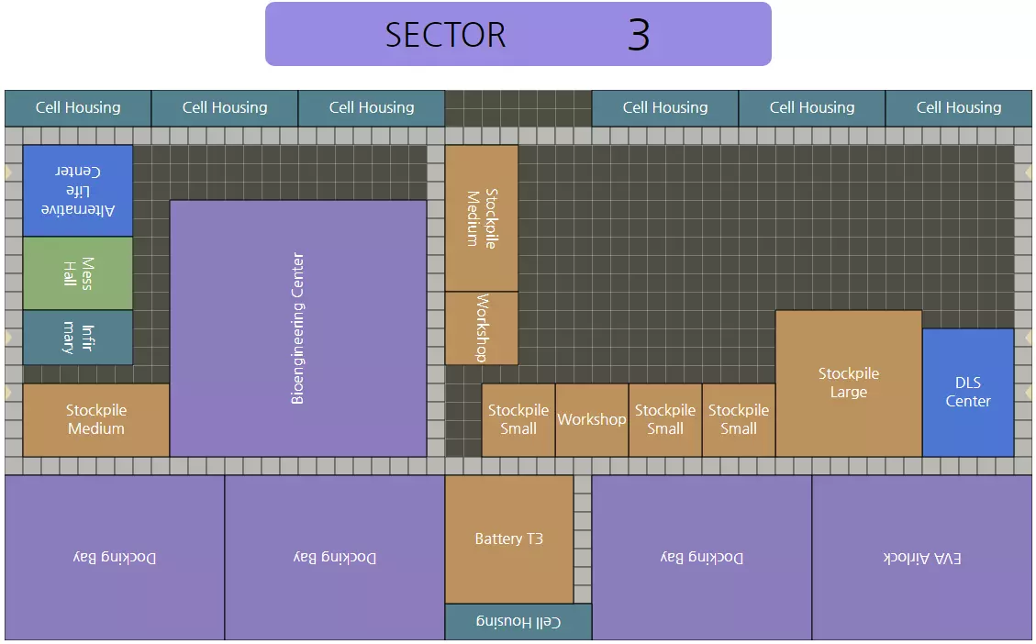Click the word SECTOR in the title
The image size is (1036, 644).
445,35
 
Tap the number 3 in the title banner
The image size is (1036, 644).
639,35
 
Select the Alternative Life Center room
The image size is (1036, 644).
78,191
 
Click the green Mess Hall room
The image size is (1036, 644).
78,273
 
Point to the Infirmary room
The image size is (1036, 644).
78,338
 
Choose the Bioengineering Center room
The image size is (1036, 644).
298,328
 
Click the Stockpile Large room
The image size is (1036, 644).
849,383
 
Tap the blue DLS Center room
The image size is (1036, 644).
968,393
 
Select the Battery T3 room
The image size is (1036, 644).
509,539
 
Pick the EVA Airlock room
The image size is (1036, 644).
922,558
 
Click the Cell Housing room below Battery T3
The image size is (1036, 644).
518,622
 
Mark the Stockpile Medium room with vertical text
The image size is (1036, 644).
482,218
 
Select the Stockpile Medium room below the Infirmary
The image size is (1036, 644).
96,420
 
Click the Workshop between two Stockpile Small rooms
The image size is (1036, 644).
592,420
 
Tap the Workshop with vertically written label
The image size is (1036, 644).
482,328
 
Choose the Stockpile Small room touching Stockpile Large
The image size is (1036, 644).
739,420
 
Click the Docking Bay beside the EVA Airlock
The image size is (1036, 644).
702,558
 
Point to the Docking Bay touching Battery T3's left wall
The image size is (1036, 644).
335,558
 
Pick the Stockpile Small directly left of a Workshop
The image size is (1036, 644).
518,420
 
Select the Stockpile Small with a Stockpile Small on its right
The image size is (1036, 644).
665,420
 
